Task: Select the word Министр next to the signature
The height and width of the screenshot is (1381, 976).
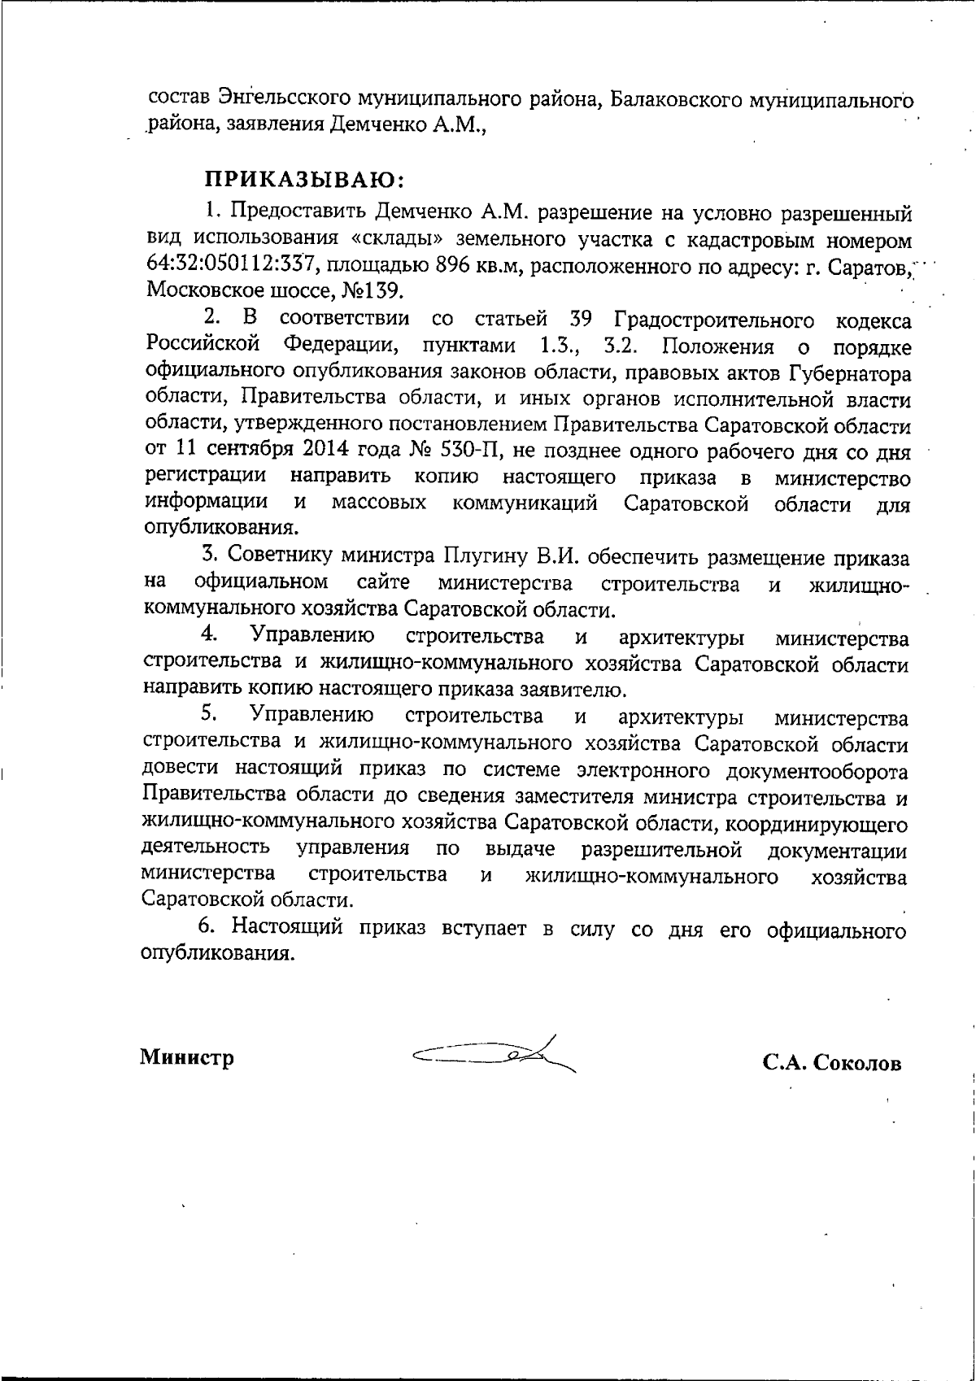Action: click(187, 1057)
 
